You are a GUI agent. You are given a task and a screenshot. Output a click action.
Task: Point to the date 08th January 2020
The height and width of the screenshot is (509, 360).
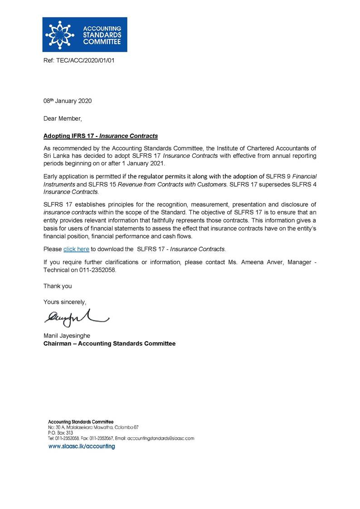67,101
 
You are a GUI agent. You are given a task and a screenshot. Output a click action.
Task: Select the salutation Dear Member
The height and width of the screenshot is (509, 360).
63,119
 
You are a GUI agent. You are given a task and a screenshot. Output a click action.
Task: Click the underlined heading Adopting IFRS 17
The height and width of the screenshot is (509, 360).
100,136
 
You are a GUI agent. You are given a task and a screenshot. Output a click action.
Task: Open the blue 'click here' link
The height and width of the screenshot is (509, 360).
76,249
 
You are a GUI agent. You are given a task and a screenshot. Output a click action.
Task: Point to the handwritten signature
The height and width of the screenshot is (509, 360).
75,317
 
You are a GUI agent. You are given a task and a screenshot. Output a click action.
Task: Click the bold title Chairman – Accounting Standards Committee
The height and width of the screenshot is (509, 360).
109,344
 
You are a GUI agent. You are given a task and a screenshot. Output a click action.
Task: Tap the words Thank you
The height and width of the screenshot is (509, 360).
57,286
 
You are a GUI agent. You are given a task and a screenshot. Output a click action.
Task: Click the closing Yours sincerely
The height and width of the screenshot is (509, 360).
64,302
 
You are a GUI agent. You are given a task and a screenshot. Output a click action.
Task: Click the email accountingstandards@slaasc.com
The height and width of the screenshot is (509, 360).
161,439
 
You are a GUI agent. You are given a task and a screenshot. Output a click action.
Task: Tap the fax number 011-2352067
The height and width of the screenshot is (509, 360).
100,439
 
